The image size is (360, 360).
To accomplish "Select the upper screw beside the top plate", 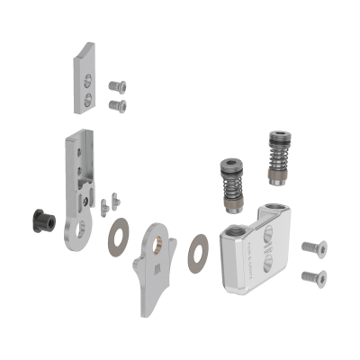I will (116, 86).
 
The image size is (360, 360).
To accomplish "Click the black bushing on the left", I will (40, 220).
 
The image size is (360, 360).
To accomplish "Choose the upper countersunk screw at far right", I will (312, 246).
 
